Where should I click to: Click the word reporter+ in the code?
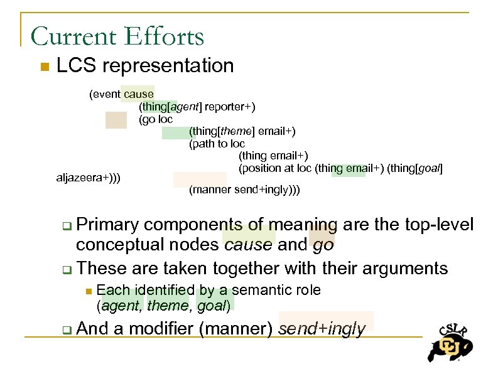pyautogui.click(x=229, y=107)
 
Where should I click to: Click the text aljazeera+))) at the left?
pyautogui.click(x=89, y=178)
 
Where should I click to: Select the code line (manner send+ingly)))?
pyautogui.click(x=244, y=190)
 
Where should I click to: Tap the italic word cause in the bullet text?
pyautogui.click(x=249, y=245)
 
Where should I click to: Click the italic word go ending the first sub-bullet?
pyautogui.click(x=323, y=245)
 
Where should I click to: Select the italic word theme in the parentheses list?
pyautogui.click(x=168, y=306)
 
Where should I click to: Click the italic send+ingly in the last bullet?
pyautogui.click(x=322, y=329)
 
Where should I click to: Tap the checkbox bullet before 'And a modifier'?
pyautogui.click(x=67, y=329)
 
